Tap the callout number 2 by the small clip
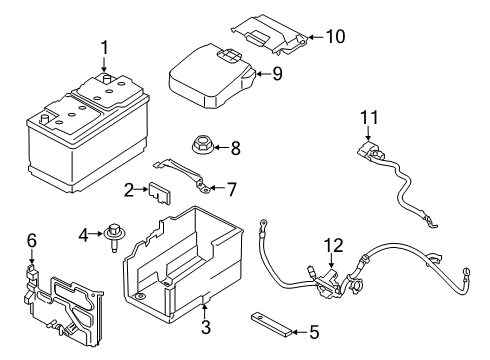point(130,189)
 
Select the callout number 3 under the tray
point(204,326)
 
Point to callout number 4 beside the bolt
point(84,235)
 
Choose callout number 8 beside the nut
point(236,148)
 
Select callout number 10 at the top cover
point(336,38)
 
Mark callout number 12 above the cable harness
point(332,245)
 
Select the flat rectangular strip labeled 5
point(275,322)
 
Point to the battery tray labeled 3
point(190,255)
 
